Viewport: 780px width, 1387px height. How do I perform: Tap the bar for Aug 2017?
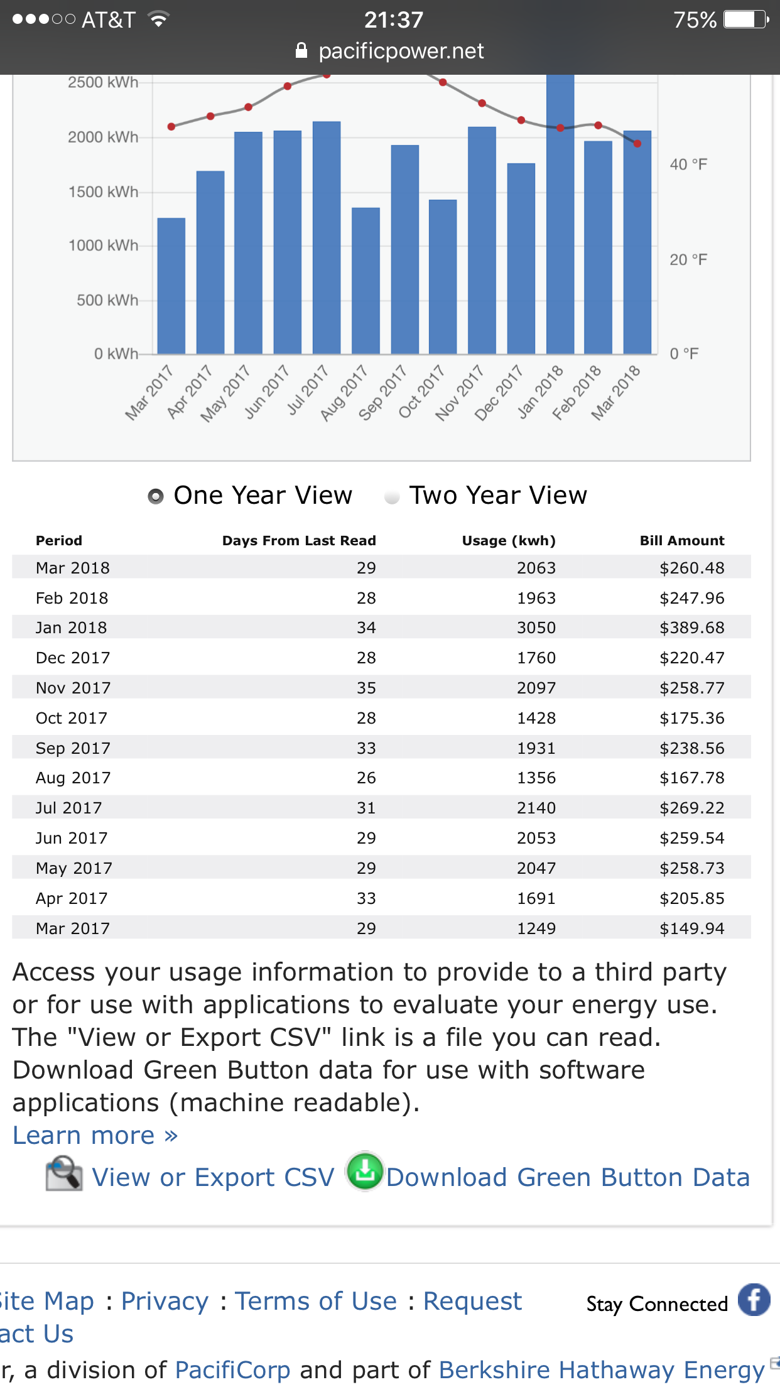366,281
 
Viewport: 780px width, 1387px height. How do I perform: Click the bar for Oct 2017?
443,277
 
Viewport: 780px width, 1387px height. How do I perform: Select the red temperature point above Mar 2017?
171,127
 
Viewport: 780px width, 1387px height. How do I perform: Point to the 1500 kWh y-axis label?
103,192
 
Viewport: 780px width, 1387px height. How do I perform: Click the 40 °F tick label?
688,165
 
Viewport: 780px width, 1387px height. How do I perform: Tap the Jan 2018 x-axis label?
540,392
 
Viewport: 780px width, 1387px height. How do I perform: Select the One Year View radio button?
156,496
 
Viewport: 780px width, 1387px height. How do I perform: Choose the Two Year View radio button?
392,497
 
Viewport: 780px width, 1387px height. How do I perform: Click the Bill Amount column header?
682,541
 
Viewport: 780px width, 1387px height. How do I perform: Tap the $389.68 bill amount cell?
692,628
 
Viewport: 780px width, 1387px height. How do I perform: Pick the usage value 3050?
536,628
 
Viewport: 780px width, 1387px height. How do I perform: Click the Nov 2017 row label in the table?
73,688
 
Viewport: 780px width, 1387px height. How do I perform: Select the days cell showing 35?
366,688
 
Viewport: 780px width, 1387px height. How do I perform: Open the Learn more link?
95,1135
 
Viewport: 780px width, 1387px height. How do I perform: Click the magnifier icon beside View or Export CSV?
64,1173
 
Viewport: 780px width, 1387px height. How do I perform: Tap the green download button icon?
365,1171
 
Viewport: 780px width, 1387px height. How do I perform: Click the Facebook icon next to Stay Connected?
754,1299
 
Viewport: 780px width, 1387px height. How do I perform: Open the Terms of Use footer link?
316,1301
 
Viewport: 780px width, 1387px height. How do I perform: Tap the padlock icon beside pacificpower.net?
301,50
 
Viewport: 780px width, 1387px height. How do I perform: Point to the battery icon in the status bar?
746,19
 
